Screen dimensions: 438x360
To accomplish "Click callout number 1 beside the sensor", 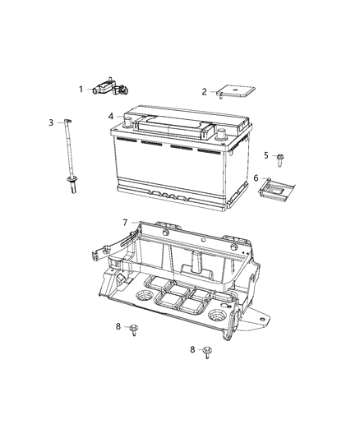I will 81,89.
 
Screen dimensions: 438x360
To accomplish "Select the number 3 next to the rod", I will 51,122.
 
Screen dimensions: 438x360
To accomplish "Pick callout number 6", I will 256,178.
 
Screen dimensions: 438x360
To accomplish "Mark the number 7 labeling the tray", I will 125,222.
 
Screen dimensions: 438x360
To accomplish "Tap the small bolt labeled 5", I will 281,156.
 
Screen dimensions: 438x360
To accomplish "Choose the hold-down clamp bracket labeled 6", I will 276,187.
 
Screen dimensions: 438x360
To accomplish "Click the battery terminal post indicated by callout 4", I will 128,122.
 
